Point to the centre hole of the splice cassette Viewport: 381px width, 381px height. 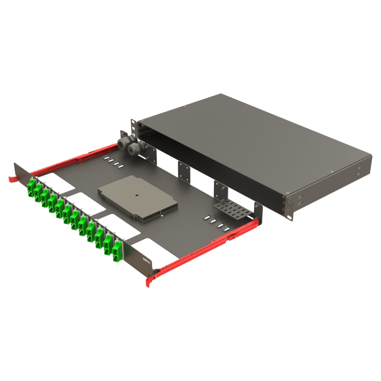tap(137, 194)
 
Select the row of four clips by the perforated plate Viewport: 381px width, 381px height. tap(213, 222)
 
